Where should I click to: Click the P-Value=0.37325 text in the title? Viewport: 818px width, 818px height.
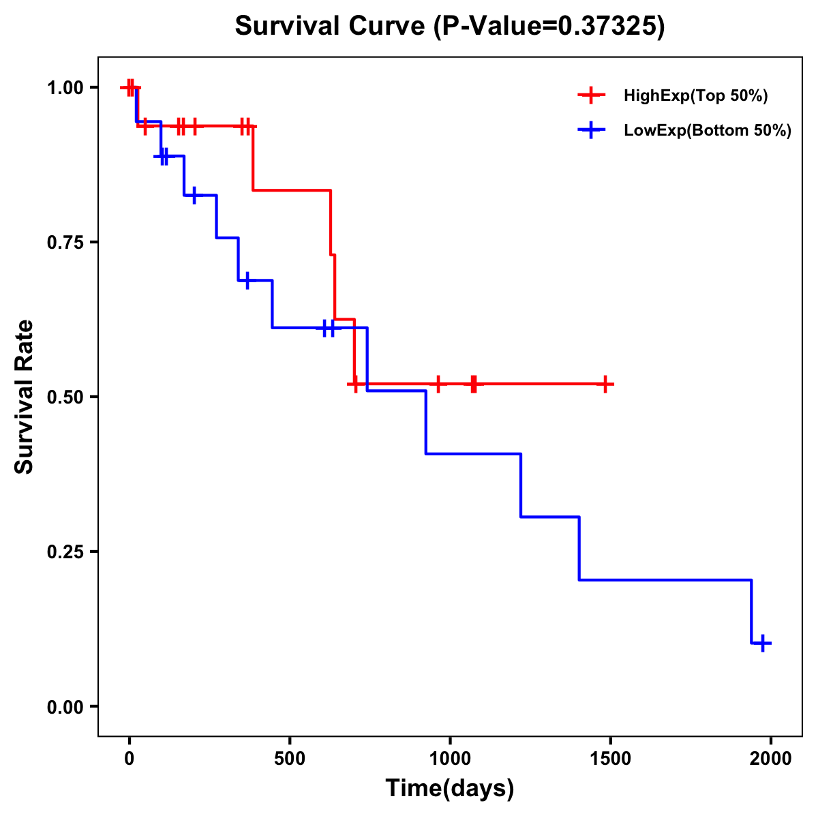[549, 26]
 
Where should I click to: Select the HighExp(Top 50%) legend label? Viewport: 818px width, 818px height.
[695, 96]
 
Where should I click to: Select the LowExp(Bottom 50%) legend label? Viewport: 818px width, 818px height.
[708, 131]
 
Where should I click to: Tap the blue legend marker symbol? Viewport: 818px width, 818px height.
[591, 131]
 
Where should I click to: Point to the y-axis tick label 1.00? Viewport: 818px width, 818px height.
[64, 88]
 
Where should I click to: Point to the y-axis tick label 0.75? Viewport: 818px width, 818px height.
[64, 243]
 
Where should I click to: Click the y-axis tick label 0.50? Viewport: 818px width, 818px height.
[64, 397]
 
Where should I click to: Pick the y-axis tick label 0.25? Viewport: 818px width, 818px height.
[64, 552]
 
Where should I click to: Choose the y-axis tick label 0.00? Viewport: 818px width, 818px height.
[64, 707]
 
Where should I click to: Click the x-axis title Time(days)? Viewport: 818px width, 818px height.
[450, 789]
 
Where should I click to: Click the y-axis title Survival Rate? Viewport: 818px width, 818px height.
[25, 397]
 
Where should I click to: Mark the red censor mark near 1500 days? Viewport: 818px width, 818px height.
[605, 384]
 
